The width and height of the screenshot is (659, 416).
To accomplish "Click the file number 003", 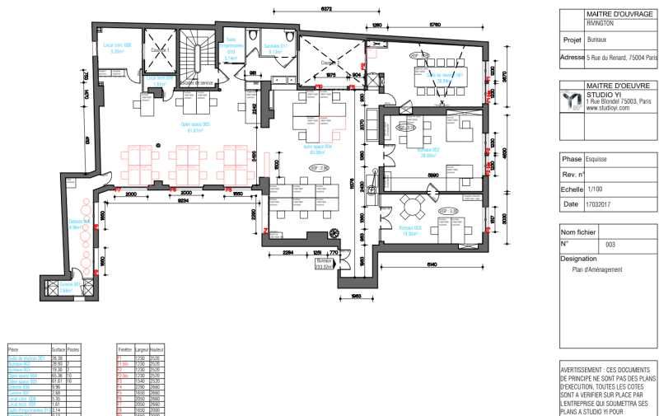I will click(610, 245).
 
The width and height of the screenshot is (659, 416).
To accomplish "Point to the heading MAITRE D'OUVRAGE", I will click(618, 14).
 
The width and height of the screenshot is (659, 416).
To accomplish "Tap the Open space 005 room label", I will click(196, 127).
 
